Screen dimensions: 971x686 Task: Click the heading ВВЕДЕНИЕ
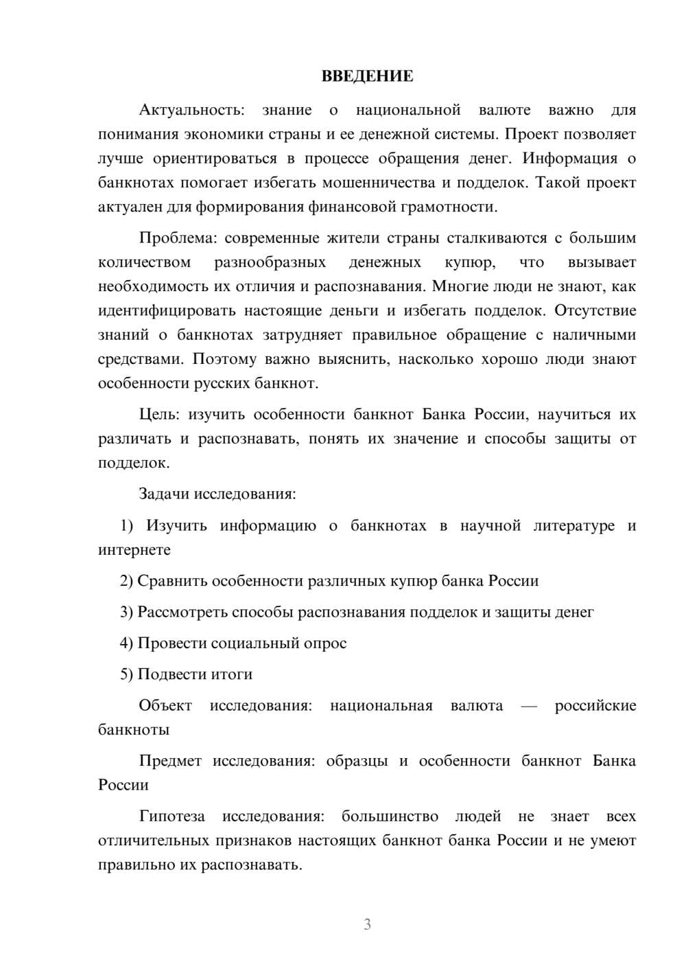[x=367, y=76]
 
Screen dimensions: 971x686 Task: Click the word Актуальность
[x=191, y=110]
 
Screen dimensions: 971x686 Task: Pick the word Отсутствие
[x=595, y=310]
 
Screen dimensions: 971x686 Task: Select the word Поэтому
[x=222, y=359]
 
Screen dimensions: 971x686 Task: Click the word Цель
[x=159, y=415]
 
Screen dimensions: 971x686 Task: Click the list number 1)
[x=128, y=526]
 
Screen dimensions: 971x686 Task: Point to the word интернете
[x=134, y=550]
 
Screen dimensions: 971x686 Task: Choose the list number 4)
[x=127, y=643]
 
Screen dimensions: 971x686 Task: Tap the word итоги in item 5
[x=232, y=674]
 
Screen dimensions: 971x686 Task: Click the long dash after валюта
[x=529, y=706]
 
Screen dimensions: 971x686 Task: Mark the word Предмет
[x=170, y=761]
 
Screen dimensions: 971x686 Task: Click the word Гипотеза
[x=171, y=816]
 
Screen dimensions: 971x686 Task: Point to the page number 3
[x=367, y=924]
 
